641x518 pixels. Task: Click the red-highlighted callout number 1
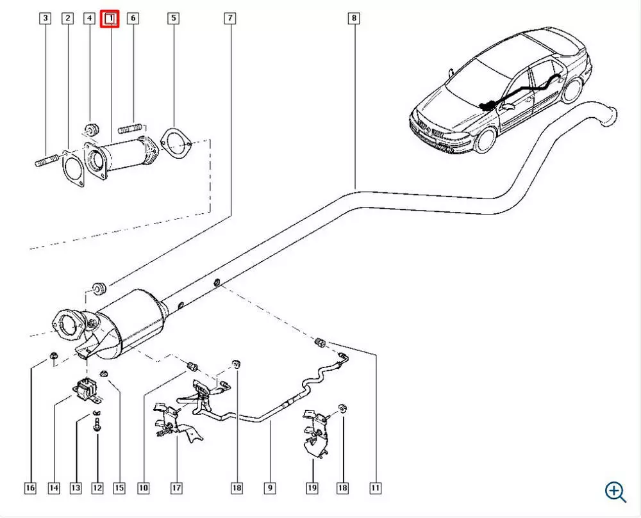tap(112, 19)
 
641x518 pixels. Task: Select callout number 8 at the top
tap(354, 19)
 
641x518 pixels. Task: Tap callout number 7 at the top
tap(229, 19)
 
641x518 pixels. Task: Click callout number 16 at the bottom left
tap(30, 489)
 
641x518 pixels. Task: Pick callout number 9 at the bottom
tap(270, 489)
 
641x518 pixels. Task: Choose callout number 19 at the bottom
tap(312, 489)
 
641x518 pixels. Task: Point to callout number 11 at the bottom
tap(376, 489)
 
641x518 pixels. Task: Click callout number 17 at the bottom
tap(176, 489)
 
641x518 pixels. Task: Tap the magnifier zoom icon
tap(615, 491)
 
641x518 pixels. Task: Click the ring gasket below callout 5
tap(174, 143)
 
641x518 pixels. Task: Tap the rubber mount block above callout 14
tap(85, 391)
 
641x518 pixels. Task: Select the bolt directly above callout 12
tap(97, 423)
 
